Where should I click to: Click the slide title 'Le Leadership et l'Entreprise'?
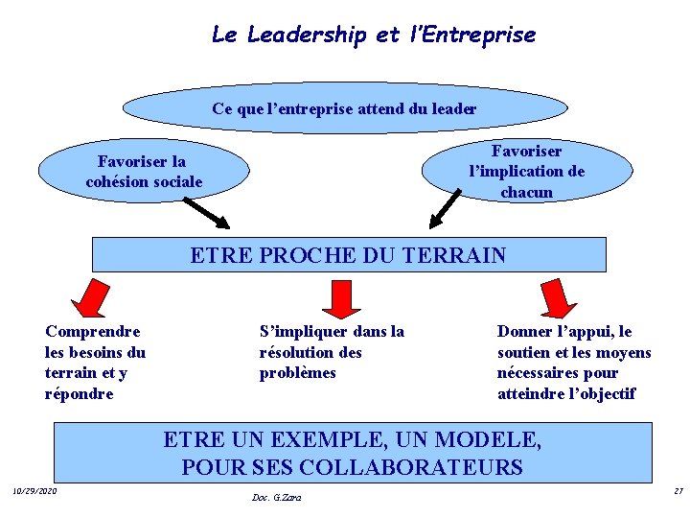point(373,35)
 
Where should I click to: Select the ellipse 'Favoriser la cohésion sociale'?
point(144,172)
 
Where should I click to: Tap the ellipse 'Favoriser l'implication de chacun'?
point(526,171)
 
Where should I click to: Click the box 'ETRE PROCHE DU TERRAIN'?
point(349,255)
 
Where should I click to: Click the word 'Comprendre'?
point(93,332)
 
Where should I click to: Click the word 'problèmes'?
point(298,373)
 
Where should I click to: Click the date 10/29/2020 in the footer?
point(34,491)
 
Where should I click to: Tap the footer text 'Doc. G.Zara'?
point(276,497)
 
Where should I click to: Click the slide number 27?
point(678,491)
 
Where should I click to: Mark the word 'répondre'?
point(80,393)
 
